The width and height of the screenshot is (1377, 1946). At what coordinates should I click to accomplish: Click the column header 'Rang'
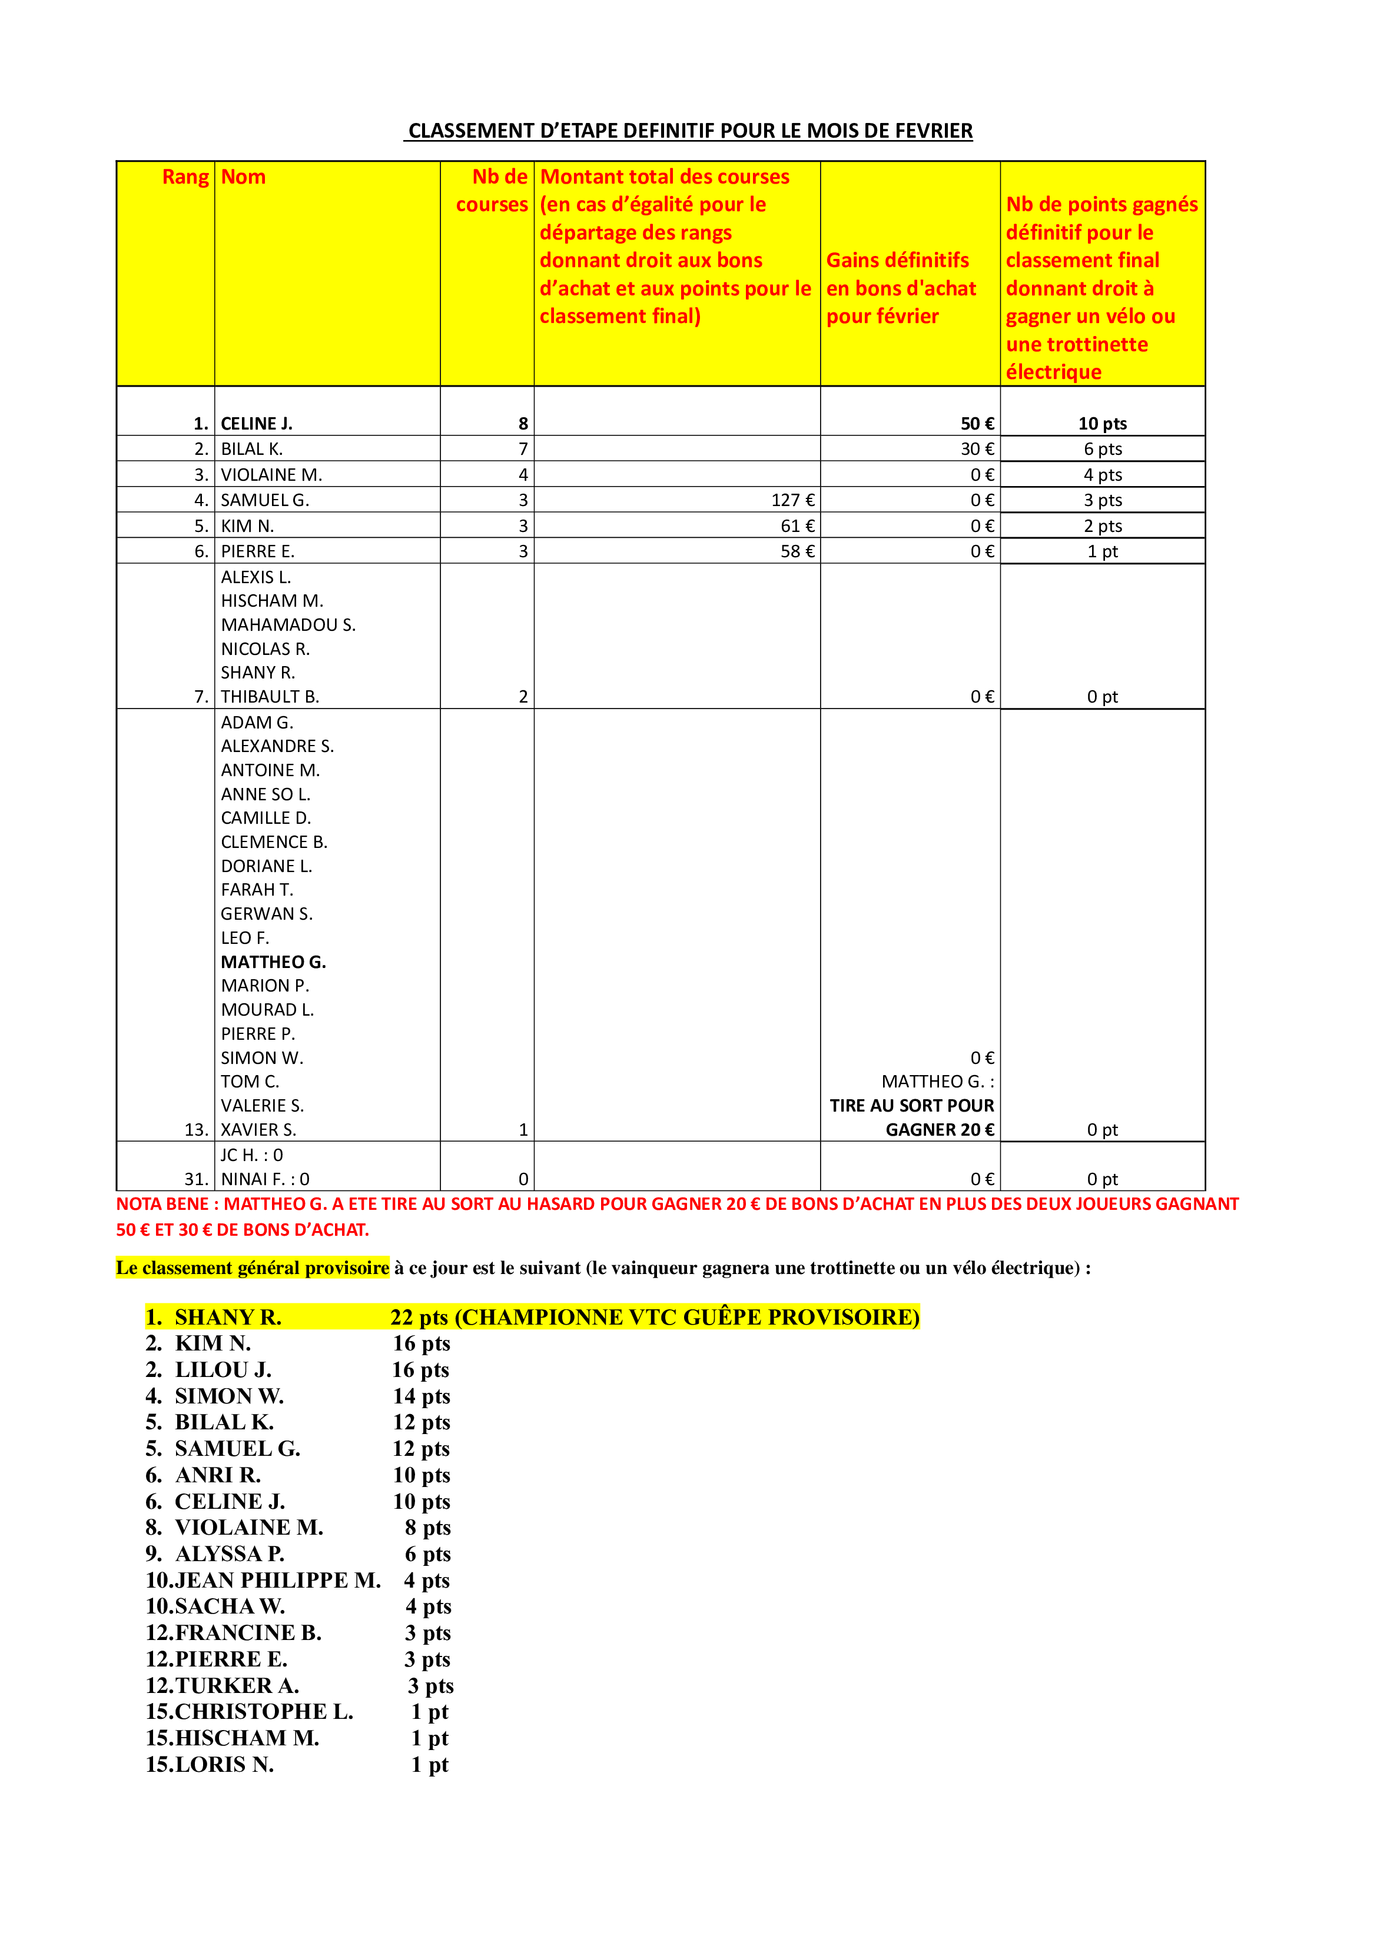tap(185, 177)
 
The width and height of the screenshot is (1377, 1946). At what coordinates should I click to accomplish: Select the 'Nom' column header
tap(243, 177)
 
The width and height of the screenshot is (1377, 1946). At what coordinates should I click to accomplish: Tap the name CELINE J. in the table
tap(256, 424)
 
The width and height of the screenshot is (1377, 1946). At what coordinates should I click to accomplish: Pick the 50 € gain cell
tap(977, 424)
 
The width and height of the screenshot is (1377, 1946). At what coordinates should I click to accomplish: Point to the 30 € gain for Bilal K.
tap(977, 449)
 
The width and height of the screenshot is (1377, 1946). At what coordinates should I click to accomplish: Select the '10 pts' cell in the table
tap(1102, 424)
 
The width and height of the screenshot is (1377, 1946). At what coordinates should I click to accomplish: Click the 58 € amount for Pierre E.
tap(797, 552)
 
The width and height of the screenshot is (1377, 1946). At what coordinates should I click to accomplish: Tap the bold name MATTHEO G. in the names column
tap(273, 962)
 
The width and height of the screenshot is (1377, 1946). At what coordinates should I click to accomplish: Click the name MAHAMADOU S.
tap(288, 625)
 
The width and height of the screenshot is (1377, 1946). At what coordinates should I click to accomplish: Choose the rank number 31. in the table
tap(196, 1179)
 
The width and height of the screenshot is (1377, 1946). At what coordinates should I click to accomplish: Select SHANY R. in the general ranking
tap(227, 1317)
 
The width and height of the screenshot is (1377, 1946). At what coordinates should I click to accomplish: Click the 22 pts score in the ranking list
tap(419, 1317)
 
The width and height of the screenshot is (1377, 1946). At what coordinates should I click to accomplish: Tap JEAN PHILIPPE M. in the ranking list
tap(277, 1580)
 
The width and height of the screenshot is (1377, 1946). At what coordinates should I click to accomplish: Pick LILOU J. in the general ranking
tap(223, 1370)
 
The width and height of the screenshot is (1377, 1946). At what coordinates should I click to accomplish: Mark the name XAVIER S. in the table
tap(258, 1130)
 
